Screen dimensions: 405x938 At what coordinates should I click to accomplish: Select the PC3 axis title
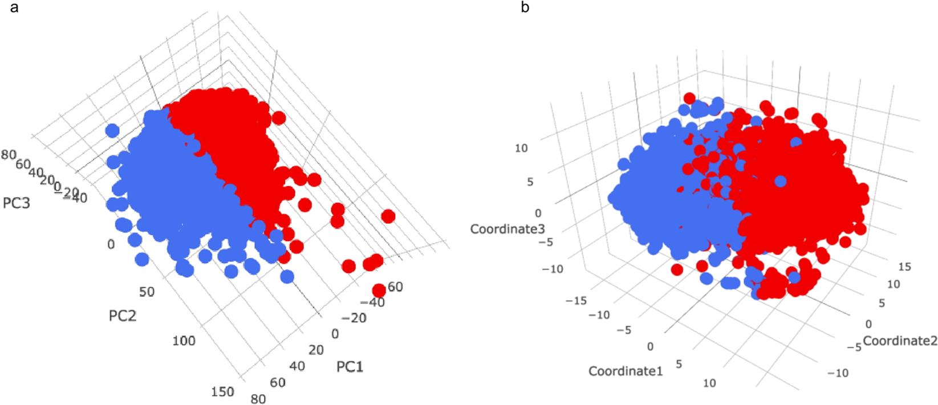[17, 203]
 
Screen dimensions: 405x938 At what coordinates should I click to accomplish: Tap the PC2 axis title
[123, 315]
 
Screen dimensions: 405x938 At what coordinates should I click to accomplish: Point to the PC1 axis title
[350, 367]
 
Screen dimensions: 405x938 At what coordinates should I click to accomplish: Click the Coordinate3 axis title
[507, 229]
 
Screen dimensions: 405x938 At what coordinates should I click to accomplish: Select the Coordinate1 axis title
[626, 371]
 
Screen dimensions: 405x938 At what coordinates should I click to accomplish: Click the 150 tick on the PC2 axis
[222, 392]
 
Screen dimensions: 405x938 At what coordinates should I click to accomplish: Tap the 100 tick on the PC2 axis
[184, 341]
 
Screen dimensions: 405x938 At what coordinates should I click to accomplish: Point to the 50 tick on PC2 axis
[147, 292]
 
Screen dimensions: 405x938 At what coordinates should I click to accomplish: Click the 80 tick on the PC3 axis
[9, 154]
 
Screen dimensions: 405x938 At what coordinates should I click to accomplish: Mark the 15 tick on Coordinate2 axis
[904, 267]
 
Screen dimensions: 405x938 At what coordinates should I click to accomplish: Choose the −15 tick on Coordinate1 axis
[576, 300]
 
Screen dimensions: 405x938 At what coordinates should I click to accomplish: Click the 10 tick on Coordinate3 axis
[521, 148]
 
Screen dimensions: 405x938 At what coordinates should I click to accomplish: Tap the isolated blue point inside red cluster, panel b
[781, 181]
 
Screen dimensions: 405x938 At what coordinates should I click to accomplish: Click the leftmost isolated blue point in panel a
[112, 130]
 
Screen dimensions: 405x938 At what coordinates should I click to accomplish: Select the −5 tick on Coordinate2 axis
[854, 347]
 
